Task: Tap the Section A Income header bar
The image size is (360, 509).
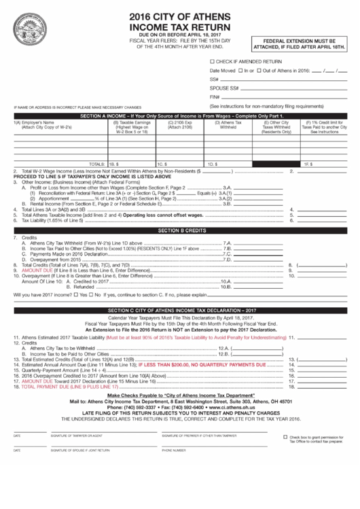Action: coord(180,116)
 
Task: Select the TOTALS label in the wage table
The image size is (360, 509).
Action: coord(97,164)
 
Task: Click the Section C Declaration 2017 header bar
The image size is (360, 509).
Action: coord(180,311)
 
